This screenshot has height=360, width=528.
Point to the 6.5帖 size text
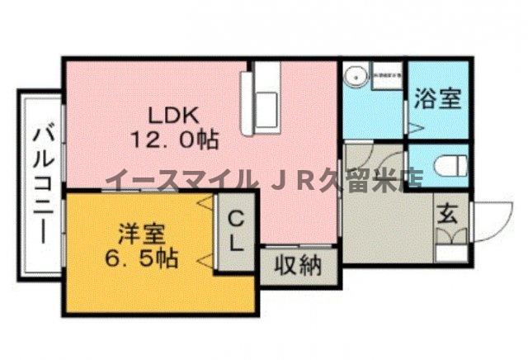click(140, 257)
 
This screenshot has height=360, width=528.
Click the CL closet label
click(236, 232)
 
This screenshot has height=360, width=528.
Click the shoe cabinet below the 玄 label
click(451, 239)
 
